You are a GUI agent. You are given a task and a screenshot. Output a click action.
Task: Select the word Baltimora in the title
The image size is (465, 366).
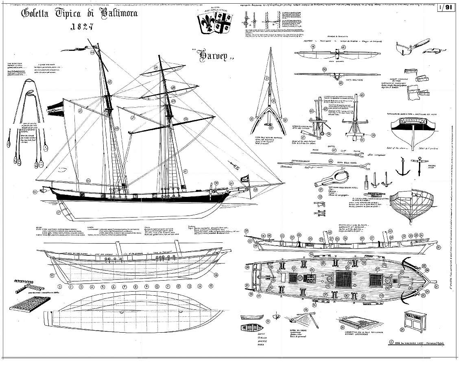[x=115, y=13]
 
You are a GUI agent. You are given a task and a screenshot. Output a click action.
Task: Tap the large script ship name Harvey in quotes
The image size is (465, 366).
[x=212, y=55]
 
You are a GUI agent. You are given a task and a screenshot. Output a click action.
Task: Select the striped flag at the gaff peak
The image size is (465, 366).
[x=54, y=108]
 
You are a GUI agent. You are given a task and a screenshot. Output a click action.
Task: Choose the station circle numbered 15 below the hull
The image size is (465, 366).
[x=210, y=286]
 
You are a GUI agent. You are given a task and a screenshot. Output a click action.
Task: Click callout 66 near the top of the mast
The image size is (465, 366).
[x=92, y=52]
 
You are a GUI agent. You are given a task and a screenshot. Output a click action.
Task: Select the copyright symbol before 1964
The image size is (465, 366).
[x=391, y=342]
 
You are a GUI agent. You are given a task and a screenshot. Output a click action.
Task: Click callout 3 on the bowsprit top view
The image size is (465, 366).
[x=267, y=78]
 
